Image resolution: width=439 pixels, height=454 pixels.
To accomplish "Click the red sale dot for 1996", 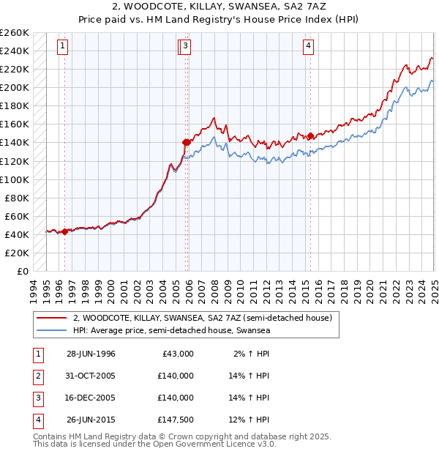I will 64,231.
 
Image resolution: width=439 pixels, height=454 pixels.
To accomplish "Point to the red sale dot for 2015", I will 310,135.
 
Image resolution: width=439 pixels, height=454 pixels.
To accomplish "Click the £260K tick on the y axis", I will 15,33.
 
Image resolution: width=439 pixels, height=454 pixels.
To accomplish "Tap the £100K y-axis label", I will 15,179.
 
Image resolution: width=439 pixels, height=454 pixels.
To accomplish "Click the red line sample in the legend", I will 51,318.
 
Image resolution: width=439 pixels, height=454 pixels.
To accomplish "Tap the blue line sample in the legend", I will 51,330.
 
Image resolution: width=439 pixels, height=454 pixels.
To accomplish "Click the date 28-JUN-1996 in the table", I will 91,353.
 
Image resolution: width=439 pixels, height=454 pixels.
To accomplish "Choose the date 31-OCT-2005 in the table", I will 91,375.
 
